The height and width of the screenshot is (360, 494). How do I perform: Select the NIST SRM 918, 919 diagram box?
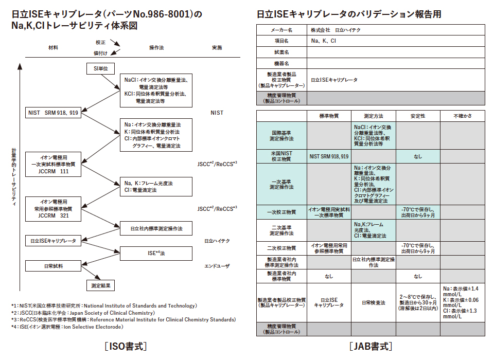[54, 112]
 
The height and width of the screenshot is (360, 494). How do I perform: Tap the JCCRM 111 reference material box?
[54, 164]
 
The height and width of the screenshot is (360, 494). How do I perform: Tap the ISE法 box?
[156, 253]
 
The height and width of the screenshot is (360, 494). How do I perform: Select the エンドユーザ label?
[217, 266]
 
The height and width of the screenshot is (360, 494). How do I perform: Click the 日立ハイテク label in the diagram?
[217, 241]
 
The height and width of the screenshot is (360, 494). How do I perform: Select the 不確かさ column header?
[462, 116]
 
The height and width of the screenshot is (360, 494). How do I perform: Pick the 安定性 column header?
[418, 116]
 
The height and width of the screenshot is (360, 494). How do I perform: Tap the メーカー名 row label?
[281, 30]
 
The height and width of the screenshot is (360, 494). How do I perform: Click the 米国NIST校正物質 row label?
[281, 155]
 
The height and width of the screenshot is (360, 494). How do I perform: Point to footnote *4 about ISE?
[67, 327]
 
